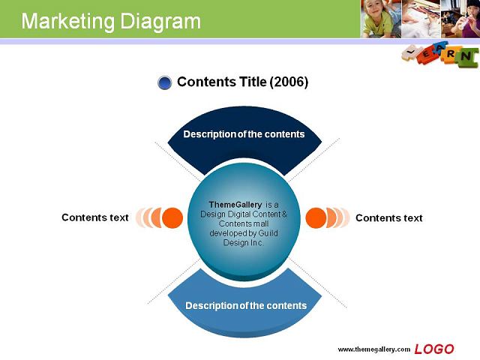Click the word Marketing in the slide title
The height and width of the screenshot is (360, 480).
tap(68, 22)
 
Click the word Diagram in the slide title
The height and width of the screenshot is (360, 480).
tap(160, 22)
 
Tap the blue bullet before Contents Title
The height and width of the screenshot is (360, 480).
tap(165, 82)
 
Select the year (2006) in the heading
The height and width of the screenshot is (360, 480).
tap(289, 82)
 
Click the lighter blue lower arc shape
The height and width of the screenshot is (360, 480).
tap(245, 309)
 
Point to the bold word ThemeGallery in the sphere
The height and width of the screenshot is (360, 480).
tap(235, 205)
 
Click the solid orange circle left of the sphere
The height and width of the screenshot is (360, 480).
tap(172, 217)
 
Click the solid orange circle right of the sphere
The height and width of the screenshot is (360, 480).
tap(316, 217)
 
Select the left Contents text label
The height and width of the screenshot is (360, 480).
tap(95, 217)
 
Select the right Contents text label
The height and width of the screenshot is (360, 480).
tap(388, 218)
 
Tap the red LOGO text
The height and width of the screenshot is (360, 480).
tap(434, 349)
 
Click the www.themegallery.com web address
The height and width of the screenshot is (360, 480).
tap(373, 349)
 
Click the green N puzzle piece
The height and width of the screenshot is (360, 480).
tap(466, 57)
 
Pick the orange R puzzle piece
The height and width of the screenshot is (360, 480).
tap(450, 54)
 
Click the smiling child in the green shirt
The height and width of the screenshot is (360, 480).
tap(380, 19)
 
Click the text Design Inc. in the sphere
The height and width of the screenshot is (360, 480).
tap(243, 243)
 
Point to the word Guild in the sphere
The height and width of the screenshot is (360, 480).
tap(268, 233)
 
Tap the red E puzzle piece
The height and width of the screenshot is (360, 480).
tap(426, 55)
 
